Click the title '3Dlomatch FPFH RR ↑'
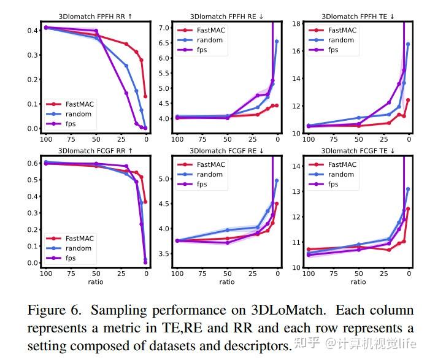click(x=95, y=17)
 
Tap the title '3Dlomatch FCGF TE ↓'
click(x=358, y=151)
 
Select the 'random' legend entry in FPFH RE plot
click(x=200, y=40)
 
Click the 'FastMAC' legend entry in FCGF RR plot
click(x=70, y=239)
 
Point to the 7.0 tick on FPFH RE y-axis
click(x=164, y=28)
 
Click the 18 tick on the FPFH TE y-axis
click(x=296, y=24)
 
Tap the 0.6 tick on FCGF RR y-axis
click(x=33, y=163)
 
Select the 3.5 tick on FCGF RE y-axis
click(x=164, y=254)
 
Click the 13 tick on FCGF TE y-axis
click(x=296, y=191)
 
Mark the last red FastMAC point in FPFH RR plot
click(x=145, y=96)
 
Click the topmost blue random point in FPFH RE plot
click(x=277, y=41)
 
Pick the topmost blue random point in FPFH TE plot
click(x=408, y=44)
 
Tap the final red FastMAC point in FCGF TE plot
click(x=408, y=209)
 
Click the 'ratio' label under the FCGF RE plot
click(x=227, y=282)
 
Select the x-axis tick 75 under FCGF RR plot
click(x=71, y=274)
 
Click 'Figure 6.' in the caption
click(x=55, y=310)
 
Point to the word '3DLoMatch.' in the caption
click(x=288, y=310)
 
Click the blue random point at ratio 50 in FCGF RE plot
click(x=228, y=230)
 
